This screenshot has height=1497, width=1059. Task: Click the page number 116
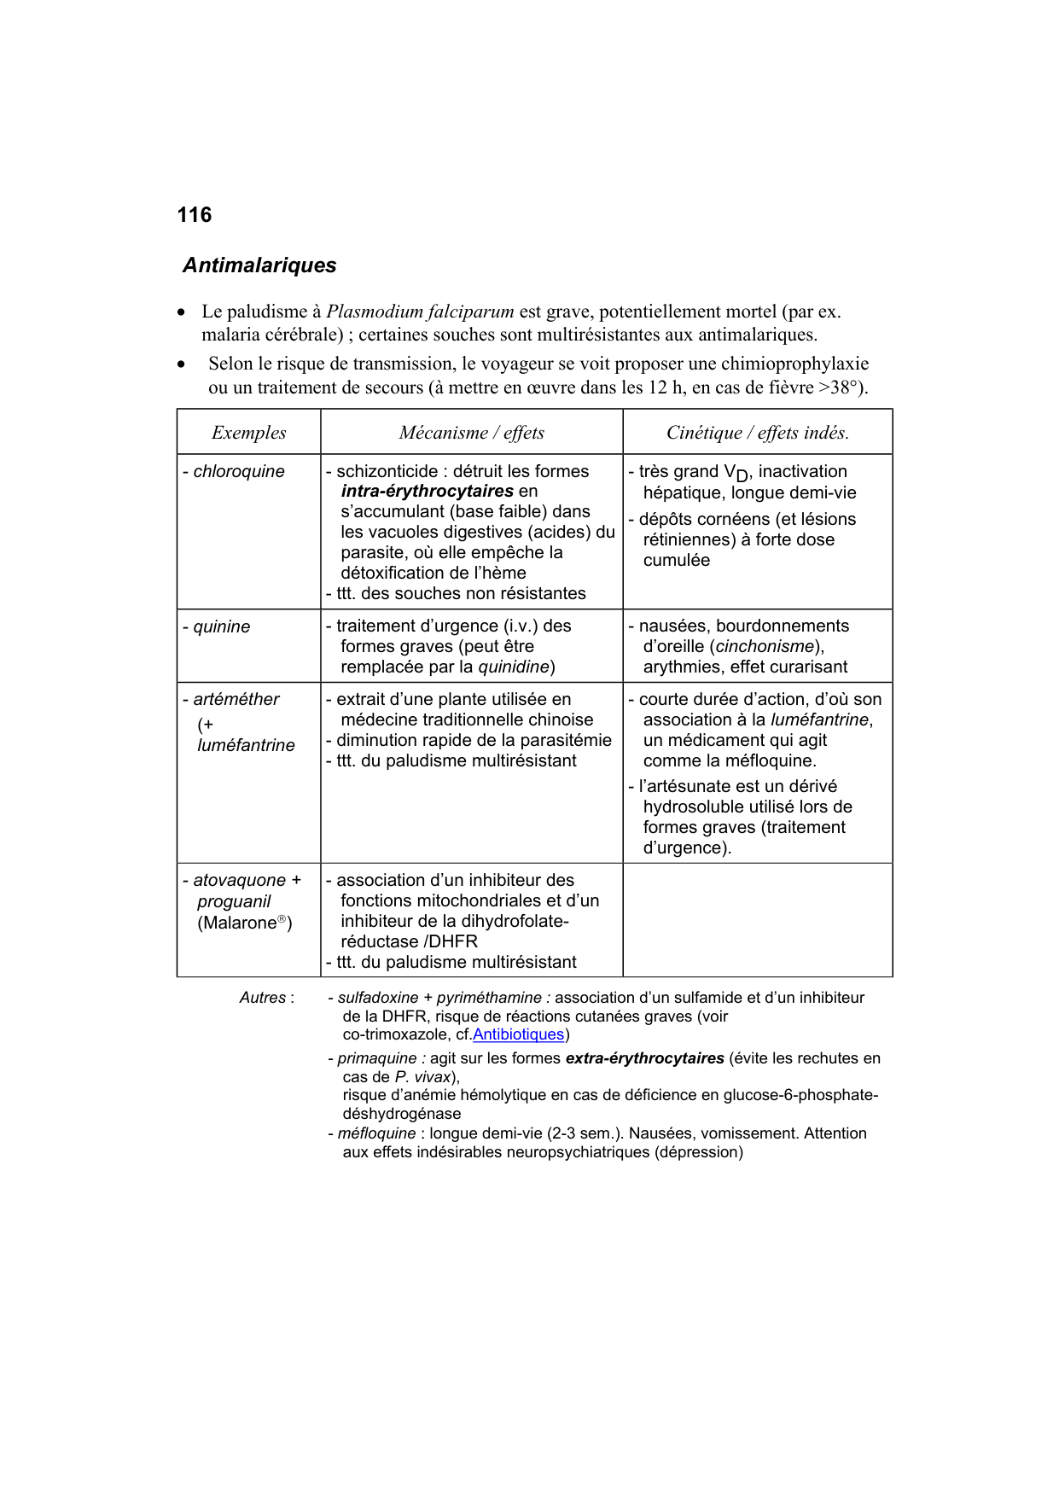[194, 215]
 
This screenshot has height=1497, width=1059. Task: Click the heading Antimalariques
[259, 265]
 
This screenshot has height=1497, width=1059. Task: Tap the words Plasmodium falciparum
[420, 312]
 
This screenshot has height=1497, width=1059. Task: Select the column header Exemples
[248, 433]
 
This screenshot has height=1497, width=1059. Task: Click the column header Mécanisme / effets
[471, 433]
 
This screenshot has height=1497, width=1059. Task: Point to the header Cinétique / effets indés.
[757, 433]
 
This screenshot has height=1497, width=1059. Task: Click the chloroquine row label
[238, 472]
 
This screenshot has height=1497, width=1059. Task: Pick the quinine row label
[221, 627]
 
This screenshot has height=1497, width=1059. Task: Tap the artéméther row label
[236, 700]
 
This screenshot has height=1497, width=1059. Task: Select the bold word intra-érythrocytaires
[427, 492]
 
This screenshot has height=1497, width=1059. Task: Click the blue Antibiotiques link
[518, 1034]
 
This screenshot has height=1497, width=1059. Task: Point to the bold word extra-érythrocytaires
[644, 1058]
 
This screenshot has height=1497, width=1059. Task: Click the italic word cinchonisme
[765, 647]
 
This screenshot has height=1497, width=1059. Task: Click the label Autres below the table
[264, 998]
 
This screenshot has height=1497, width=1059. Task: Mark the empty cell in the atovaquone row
[757, 920]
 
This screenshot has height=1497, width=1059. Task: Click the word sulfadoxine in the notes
[377, 998]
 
